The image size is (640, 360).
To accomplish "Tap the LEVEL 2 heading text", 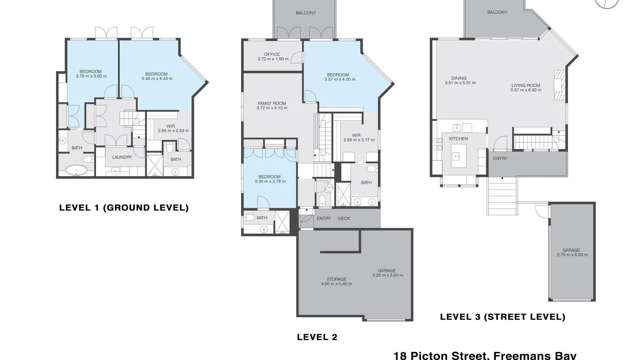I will point(317,336).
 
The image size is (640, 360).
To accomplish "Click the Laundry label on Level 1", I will point(123,157).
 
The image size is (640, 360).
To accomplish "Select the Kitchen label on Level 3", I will point(458,138).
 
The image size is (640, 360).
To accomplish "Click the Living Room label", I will point(525,86).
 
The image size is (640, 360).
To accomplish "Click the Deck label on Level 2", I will point(343,218).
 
